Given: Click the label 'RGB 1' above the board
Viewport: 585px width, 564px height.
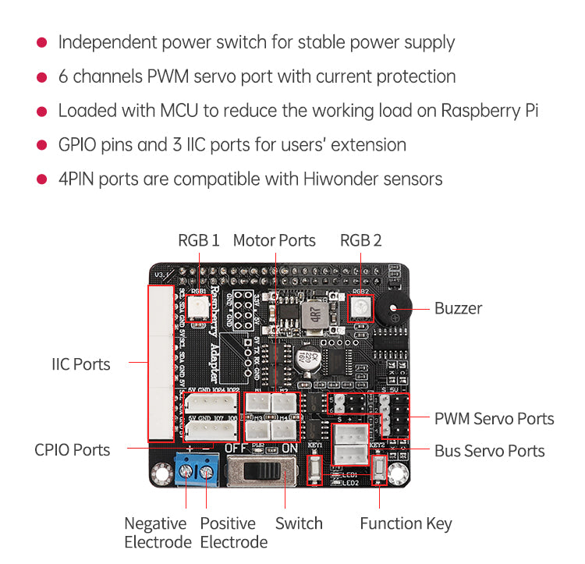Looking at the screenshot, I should click(199, 240).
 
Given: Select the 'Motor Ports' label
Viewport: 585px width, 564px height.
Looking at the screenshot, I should click(275, 240).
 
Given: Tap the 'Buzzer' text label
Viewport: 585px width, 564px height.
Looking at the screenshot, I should click(458, 308).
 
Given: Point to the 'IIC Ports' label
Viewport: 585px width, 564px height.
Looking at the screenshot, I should click(81, 364).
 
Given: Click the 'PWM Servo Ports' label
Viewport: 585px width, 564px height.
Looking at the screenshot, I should click(494, 419).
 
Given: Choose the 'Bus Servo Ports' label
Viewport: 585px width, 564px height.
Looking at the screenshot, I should click(489, 450).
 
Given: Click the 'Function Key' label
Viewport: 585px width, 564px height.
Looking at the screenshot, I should click(406, 523).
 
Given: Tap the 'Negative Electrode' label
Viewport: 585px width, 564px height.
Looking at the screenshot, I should click(156, 532).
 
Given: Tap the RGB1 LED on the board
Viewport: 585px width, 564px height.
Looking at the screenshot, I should click(198, 306).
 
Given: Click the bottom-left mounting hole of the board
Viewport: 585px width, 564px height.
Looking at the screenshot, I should click(162, 474).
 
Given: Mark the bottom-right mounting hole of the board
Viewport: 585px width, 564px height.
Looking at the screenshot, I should click(398, 474).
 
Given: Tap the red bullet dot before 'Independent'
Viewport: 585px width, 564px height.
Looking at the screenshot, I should click(43, 42).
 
